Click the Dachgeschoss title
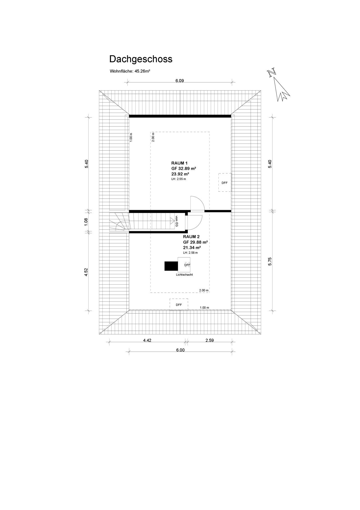tap(141, 59)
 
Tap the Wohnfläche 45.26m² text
tap(130, 71)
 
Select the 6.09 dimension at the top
tap(180, 81)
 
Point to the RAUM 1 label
tap(179, 163)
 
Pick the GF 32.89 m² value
tap(183, 169)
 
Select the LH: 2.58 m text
tap(190, 253)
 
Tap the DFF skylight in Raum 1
tap(225, 183)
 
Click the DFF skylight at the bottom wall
tap(179, 304)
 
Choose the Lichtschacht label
tap(184, 275)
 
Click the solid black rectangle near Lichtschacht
tap(171, 266)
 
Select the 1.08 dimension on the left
tap(86, 221)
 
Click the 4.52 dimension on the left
tap(86, 272)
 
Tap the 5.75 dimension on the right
tap(270, 261)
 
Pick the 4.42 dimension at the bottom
tap(147, 340)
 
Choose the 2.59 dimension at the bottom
tap(209, 340)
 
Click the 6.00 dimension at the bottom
tap(180, 350)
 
